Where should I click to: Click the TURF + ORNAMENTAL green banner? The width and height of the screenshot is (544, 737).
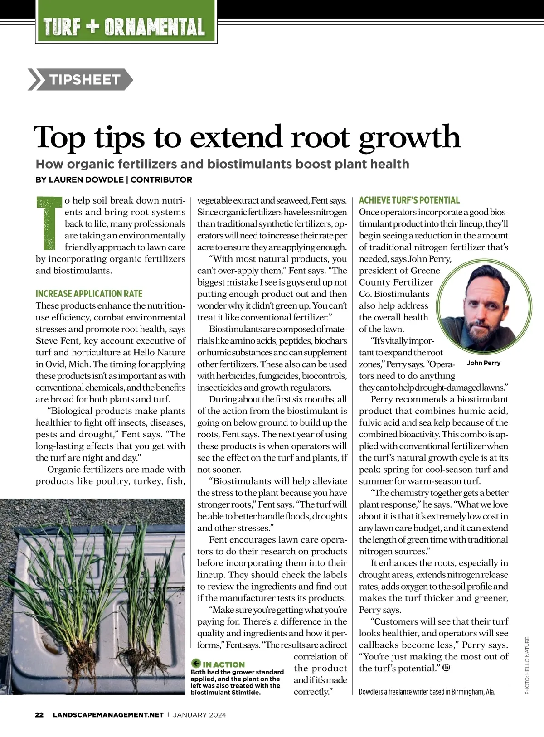click(124, 27)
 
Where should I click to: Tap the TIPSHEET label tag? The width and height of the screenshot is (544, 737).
click(84, 80)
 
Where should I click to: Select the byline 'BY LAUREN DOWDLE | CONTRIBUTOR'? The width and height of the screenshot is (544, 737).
click(114, 179)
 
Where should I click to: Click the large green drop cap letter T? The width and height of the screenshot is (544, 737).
click(49, 223)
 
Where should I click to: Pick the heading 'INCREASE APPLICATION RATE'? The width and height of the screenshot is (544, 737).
click(89, 294)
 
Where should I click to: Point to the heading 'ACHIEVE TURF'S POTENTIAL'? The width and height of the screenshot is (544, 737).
click(409, 200)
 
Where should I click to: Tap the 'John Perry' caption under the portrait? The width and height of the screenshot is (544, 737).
click(483, 363)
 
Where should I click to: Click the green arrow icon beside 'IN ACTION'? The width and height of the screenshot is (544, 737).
click(196, 664)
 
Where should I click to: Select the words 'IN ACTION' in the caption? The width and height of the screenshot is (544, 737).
click(224, 664)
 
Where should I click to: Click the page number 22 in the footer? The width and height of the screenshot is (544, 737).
click(39, 715)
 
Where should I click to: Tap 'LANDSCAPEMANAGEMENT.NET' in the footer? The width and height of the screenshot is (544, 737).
click(108, 715)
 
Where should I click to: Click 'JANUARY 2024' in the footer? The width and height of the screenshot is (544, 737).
click(199, 715)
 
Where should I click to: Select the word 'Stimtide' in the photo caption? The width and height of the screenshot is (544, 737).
click(244, 692)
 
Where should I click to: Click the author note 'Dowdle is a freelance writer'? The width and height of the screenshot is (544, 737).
click(427, 692)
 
